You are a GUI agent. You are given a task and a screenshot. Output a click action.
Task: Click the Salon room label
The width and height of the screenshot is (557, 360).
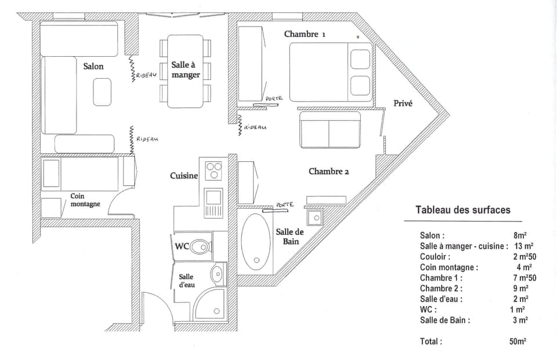[93, 67]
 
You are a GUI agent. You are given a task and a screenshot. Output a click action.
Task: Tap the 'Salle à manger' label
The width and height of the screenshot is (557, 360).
[186, 70]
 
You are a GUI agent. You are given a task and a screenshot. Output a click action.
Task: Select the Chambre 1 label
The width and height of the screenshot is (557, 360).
[305, 34]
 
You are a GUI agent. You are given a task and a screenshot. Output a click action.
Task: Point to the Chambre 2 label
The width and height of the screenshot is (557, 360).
[329, 172]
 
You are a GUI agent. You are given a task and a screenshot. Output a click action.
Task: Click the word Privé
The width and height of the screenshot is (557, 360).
[403, 104]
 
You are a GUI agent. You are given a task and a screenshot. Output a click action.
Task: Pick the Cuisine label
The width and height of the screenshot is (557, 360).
[184, 176]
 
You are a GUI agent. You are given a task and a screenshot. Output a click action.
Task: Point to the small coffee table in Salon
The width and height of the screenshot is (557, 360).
[102, 92]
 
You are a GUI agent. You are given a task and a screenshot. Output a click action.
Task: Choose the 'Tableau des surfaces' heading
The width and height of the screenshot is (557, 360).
[463, 210]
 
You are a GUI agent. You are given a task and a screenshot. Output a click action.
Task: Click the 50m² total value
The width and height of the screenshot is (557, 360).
[518, 341]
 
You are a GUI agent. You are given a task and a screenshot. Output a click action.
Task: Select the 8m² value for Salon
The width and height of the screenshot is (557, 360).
[519, 236]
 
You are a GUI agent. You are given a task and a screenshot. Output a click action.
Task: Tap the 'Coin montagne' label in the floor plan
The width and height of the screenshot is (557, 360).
[85, 200]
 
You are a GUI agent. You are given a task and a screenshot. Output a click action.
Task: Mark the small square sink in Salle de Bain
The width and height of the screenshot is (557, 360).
[315, 217]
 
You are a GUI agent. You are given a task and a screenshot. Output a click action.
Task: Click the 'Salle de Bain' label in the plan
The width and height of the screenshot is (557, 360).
[290, 237]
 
